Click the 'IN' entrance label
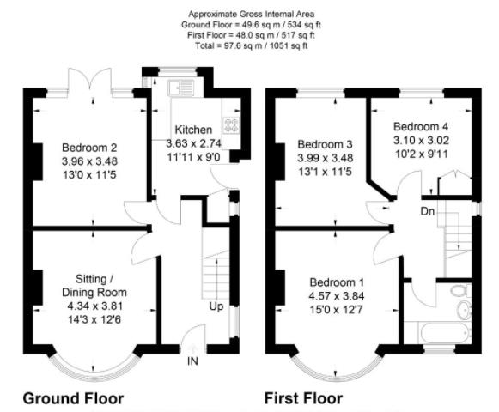193,361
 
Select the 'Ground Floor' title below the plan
73,398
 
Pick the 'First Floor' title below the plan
304,398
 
